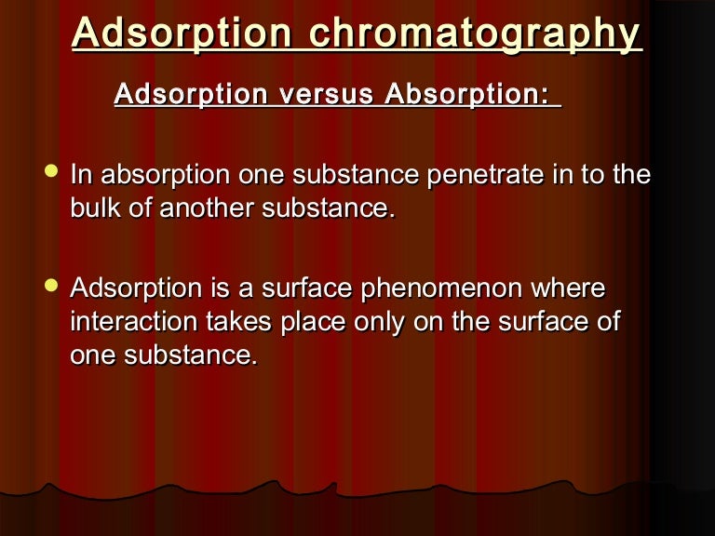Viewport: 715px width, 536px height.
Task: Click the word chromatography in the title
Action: click(x=475, y=34)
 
